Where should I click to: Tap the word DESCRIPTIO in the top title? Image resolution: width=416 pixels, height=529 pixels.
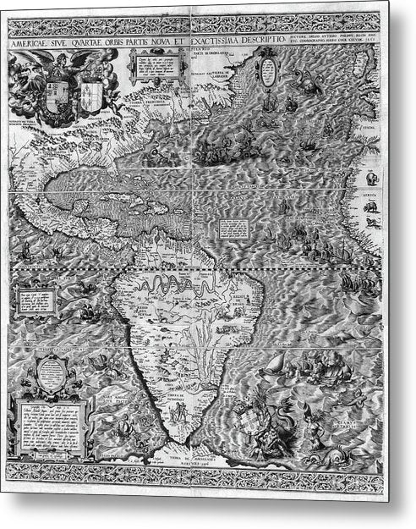point(280,36)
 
